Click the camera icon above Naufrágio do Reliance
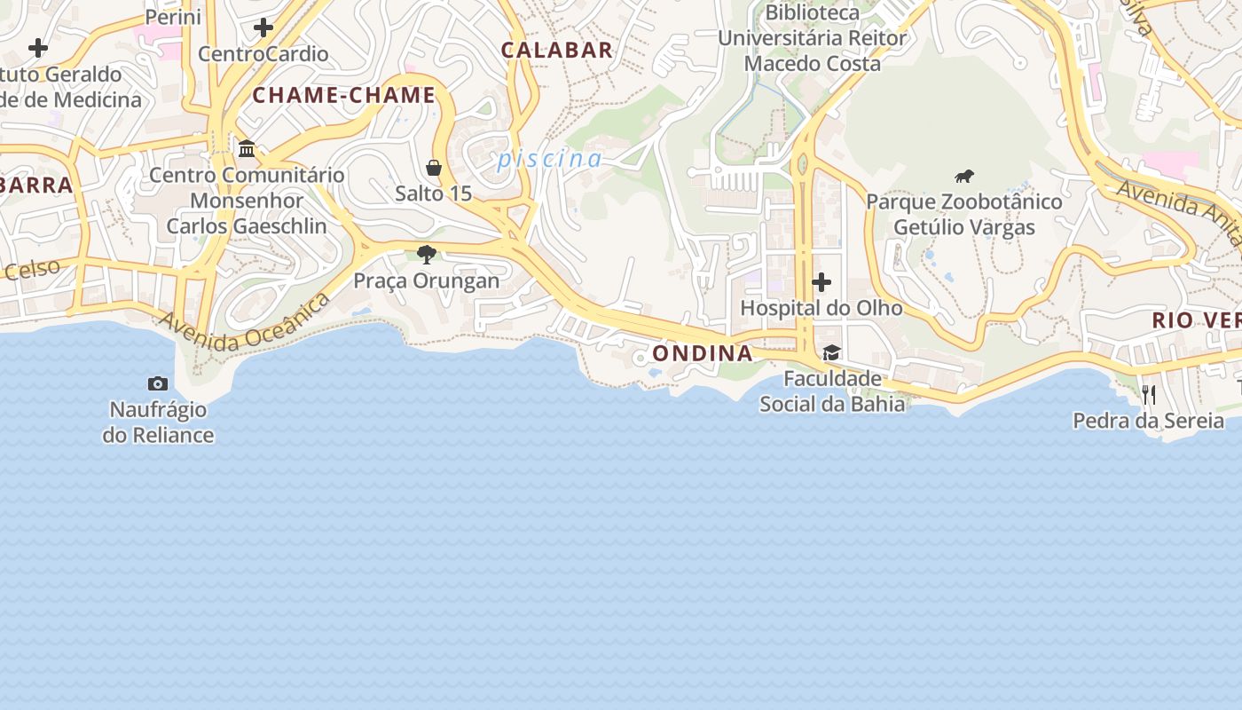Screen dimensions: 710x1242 (x=158, y=383)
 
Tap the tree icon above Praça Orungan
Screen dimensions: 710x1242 (x=427, y=255)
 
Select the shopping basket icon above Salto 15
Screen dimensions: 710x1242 (x=434, y=168)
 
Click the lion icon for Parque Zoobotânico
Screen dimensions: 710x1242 (x=964, y=176)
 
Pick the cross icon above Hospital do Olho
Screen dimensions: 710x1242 (x=821, y=282)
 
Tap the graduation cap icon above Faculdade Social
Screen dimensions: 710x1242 (x=831, y=353)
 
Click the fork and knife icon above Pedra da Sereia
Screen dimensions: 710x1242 (x=1149, y=394)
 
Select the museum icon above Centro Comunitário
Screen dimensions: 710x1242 (x=247, y=148)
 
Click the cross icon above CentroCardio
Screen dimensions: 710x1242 (x=263, y=28)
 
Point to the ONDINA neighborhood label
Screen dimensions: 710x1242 (x=703, y=353)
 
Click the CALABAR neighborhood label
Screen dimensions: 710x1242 (x=557, y=51)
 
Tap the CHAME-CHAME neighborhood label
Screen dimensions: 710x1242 (x=344, y=96)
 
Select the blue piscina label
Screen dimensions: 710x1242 (x=550, y=160)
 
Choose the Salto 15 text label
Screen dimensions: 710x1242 (x=434, y=193)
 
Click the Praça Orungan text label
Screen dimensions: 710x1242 (x=427, y=281)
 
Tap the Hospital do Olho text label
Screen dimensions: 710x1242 (x=821, y=308)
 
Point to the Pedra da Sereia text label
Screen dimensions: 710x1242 (x=1149, y=421)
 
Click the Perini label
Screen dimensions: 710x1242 (x=173, y=17)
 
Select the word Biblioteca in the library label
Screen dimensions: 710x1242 (x=813, y=13)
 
